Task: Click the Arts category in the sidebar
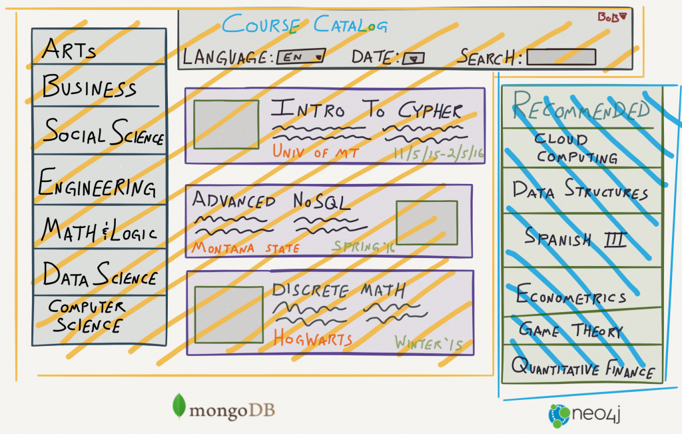69,48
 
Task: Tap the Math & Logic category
99,230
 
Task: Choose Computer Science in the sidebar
86,317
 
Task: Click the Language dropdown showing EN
301,57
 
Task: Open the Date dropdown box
413,58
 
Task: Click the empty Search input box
561,57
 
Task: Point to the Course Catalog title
304,25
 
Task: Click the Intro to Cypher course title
366,110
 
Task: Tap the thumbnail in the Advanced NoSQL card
426,222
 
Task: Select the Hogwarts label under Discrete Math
312,339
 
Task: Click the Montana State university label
246,248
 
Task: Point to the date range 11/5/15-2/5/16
438,153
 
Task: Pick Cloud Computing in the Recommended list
576,149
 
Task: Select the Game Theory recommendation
571,330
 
